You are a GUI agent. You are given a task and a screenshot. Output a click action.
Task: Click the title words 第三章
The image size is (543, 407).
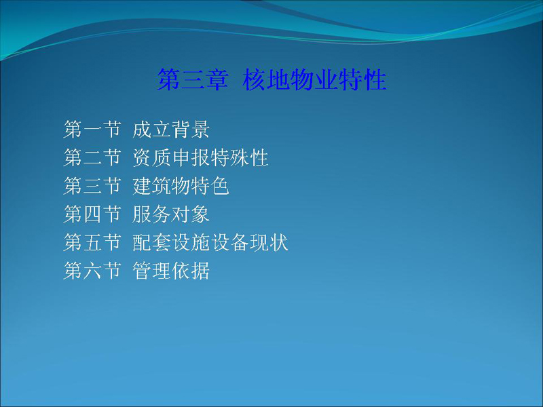coord(193,79)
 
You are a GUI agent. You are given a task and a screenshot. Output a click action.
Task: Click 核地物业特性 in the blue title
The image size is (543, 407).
coord(314,79)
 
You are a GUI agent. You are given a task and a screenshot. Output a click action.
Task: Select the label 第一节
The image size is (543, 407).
coord(92,130)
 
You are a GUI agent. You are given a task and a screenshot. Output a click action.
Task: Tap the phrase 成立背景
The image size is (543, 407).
coord(171,130)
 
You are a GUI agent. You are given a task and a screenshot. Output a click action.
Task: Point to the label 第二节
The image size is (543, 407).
coord(92,158)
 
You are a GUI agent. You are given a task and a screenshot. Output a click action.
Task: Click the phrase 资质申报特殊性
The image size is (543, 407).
coord(200,158)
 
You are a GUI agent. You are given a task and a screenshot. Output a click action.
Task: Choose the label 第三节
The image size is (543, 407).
coord(92,186)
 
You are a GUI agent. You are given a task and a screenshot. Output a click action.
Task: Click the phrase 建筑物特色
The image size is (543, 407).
coord(181,186)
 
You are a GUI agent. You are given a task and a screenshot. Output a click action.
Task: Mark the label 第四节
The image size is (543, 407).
coord(92,214)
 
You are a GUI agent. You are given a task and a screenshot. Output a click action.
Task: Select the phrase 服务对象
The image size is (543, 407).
coord(171,214)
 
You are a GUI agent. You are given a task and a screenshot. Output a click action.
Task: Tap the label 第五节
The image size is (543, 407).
coord(92,242)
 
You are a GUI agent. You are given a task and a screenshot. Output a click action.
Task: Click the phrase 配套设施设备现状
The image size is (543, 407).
coord(210,242)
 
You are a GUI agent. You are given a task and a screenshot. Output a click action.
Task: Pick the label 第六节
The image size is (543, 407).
coord(92,271)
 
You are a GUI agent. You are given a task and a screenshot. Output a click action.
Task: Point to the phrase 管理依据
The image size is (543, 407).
coord(171,271)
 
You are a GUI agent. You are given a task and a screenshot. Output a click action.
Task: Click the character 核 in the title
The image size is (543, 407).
coord(254,79)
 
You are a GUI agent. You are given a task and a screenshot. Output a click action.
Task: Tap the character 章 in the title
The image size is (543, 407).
coord(217,79)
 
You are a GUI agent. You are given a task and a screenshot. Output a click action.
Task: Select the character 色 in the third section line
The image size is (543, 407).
coord(220,186)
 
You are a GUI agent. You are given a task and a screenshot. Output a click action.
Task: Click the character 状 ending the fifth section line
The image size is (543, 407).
coord(279,242)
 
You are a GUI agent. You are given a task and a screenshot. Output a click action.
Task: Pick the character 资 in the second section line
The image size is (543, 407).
coord(142,158)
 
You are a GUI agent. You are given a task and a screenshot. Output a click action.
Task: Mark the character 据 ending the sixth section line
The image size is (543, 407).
coord(200,271)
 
